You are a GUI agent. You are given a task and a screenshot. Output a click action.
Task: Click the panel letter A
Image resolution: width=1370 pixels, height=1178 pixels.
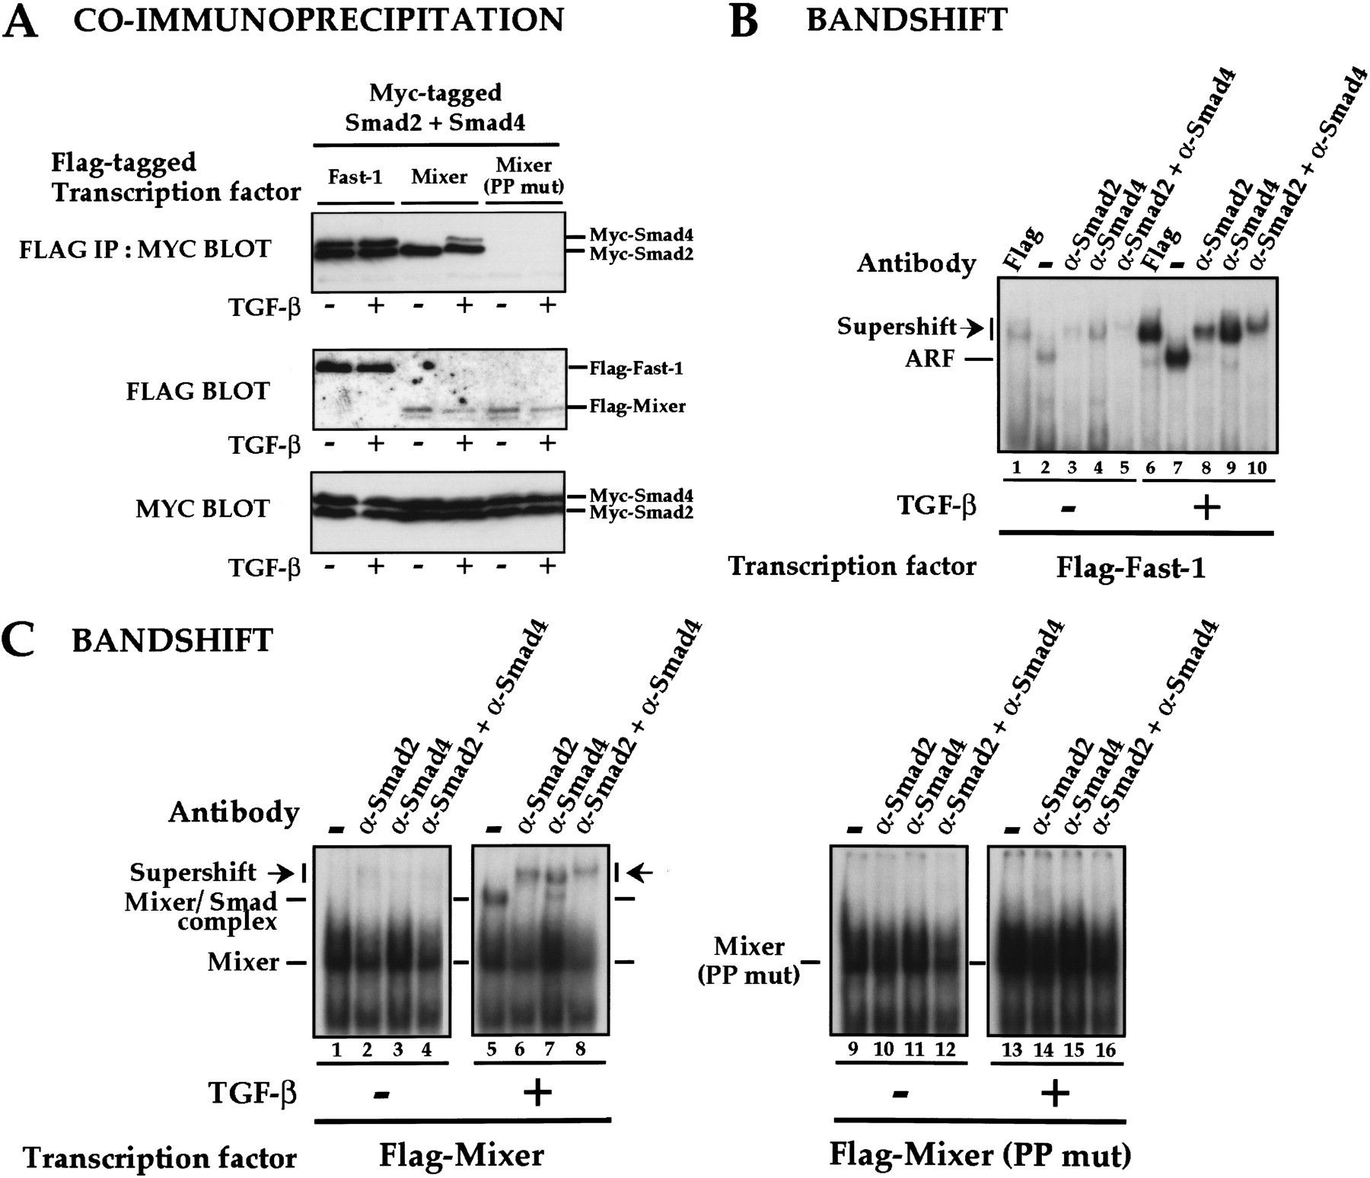21,21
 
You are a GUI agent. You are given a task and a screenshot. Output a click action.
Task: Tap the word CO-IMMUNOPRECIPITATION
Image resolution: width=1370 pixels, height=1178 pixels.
318,19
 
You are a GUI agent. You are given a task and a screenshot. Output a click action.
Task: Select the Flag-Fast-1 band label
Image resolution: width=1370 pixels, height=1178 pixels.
636,369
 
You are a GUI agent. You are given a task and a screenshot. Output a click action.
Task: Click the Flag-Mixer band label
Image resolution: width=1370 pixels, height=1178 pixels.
637,407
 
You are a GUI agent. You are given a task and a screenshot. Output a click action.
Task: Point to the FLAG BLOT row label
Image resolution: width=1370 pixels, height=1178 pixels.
198,391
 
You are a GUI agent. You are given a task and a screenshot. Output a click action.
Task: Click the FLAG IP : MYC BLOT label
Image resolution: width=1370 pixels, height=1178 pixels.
145,249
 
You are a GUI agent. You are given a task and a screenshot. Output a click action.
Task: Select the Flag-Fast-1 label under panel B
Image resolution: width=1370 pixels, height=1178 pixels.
1130,568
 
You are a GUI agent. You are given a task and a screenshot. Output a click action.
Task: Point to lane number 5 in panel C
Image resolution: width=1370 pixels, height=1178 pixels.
491,1050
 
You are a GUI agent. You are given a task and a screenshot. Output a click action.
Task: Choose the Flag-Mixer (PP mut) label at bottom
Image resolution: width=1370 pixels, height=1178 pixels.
980,1156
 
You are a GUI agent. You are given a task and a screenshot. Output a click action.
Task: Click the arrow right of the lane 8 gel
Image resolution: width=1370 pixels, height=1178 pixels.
643,873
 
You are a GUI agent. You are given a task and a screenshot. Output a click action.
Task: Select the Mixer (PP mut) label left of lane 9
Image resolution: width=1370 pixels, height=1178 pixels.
750,960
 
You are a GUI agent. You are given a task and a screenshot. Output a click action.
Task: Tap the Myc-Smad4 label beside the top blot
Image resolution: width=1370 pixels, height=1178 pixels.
641,236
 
